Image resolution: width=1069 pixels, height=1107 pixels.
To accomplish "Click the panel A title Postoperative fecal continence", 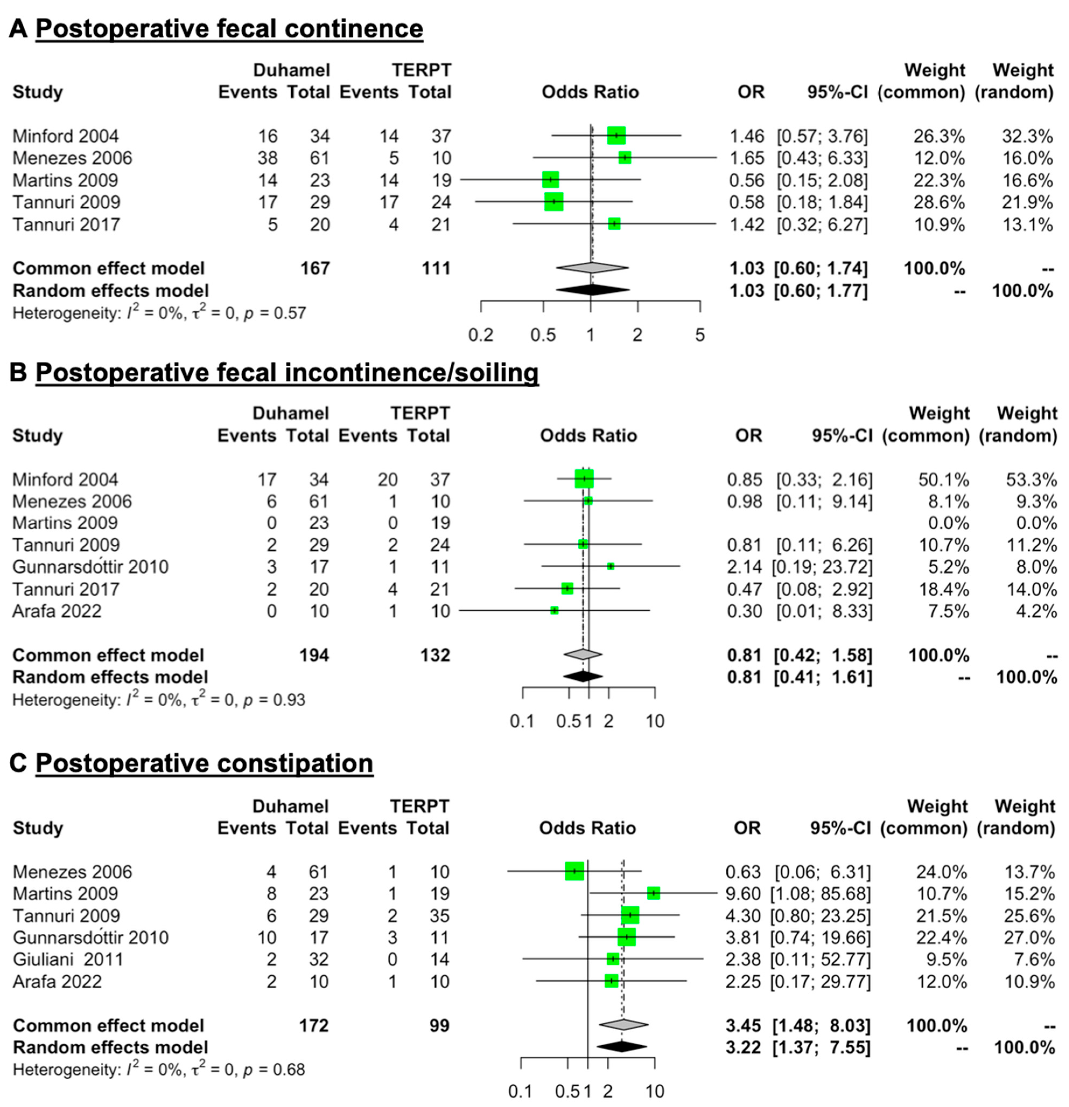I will click(229, 28).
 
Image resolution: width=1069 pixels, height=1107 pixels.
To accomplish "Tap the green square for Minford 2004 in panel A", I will click(616, 136).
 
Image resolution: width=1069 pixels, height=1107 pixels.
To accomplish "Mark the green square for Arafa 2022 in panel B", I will click(554, 610).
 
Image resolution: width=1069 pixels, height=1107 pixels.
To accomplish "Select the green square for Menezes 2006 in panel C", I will click(574, 871).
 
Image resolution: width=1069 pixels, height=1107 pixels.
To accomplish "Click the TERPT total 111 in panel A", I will click(436, 268).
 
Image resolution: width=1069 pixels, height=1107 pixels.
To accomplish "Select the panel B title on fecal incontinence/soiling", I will click(286, 373).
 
